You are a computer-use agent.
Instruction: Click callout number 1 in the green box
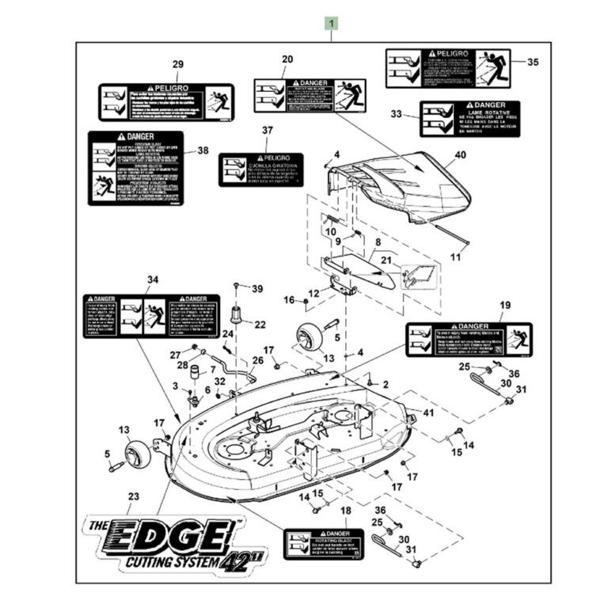(x=332, y=24)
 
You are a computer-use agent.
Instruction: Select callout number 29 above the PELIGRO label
(x=177, y=64)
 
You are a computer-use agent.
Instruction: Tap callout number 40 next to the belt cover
(x=460, y=156)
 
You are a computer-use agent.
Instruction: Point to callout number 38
(x=203, y=150)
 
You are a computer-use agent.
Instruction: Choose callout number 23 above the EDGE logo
(x=133, y=496)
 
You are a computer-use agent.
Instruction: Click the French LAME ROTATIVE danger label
(x=470, y=118)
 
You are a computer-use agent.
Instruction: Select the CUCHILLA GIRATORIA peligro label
(x=260, y=169)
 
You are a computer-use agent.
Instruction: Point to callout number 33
(x=397, y=114)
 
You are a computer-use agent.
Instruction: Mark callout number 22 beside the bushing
(x=260, y=325)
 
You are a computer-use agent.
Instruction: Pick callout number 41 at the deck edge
(x=428, y=412)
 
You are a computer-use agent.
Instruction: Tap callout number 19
(x=505, y=305)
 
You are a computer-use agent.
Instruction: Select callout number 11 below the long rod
(x=454, y=258)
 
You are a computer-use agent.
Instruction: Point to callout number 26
(x=257, y=361)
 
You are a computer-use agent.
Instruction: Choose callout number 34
(x=153, y=279)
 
